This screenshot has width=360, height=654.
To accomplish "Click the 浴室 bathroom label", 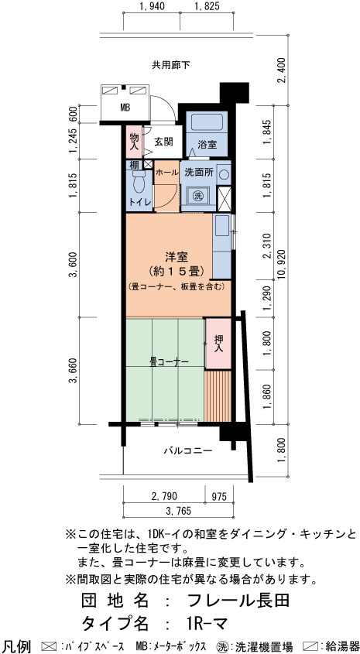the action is pyautogui.click(x=207, y=146).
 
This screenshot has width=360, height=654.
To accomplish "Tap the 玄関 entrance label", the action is pyautogui.click(x=163, y=142).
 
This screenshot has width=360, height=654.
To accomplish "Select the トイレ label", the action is pyautogui.click(x=137, y=202).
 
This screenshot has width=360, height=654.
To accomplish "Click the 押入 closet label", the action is pyautogui.click(x=218, y=344).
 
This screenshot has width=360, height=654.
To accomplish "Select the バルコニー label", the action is pyautogui.click(x=187, y=450).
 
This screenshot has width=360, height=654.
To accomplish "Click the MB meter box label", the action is pyautogui.click(x=125, y=108).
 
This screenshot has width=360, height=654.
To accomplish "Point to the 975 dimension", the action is pyautogui.click(x=218, y=496).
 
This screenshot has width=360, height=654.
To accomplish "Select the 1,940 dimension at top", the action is pyautogui.click(x=152, y=6).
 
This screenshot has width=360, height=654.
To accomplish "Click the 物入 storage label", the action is pyautogui.click(x=134, y=142).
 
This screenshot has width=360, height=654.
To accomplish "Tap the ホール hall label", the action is pyautogui.click(x=167, y=172).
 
